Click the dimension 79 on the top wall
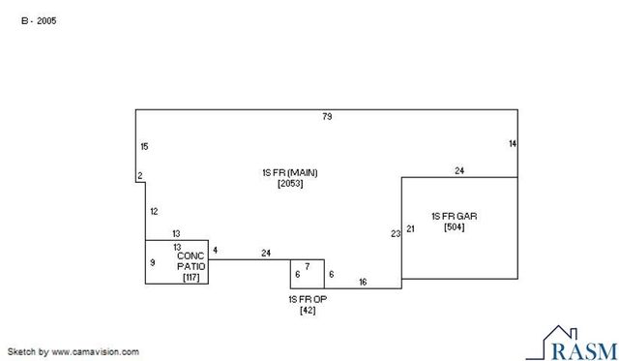pyautogui.click(x=327, y=117)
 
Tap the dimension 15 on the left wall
pyautogui.click(x=144, y=146)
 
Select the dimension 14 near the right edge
pyautogui.click(x=513, y=143)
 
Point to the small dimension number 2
pyautogui.click(x=140, y=175)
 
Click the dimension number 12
pyautogui.click(x=154, y=211)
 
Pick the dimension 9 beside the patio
pyautogui.click(x=153, y=262)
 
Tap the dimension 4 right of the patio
pyautogui.click(x=215, y=251)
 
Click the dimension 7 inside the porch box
pyautogui.click(x=307, y=265)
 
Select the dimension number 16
pyautogui.click(x=363, y=282)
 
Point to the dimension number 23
pyautogui.click(x=395, y=233)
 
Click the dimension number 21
pyautogui.click(x=410, y=228)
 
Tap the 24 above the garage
pyautogui.click(x=459, y=170)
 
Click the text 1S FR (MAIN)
pyautogui.click(x=289, y=172)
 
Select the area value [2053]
pyautogui.click(x=290, y=183)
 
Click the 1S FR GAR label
pyautogui.click(x=454, y=216)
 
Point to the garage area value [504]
pyautogui.click(x=454, y=226)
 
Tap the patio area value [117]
pyautogui.click(x=191, y=278)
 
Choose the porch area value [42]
pyautogui.click(x=308, y=310)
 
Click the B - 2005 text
pyautogui.click(x=39, y=20)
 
